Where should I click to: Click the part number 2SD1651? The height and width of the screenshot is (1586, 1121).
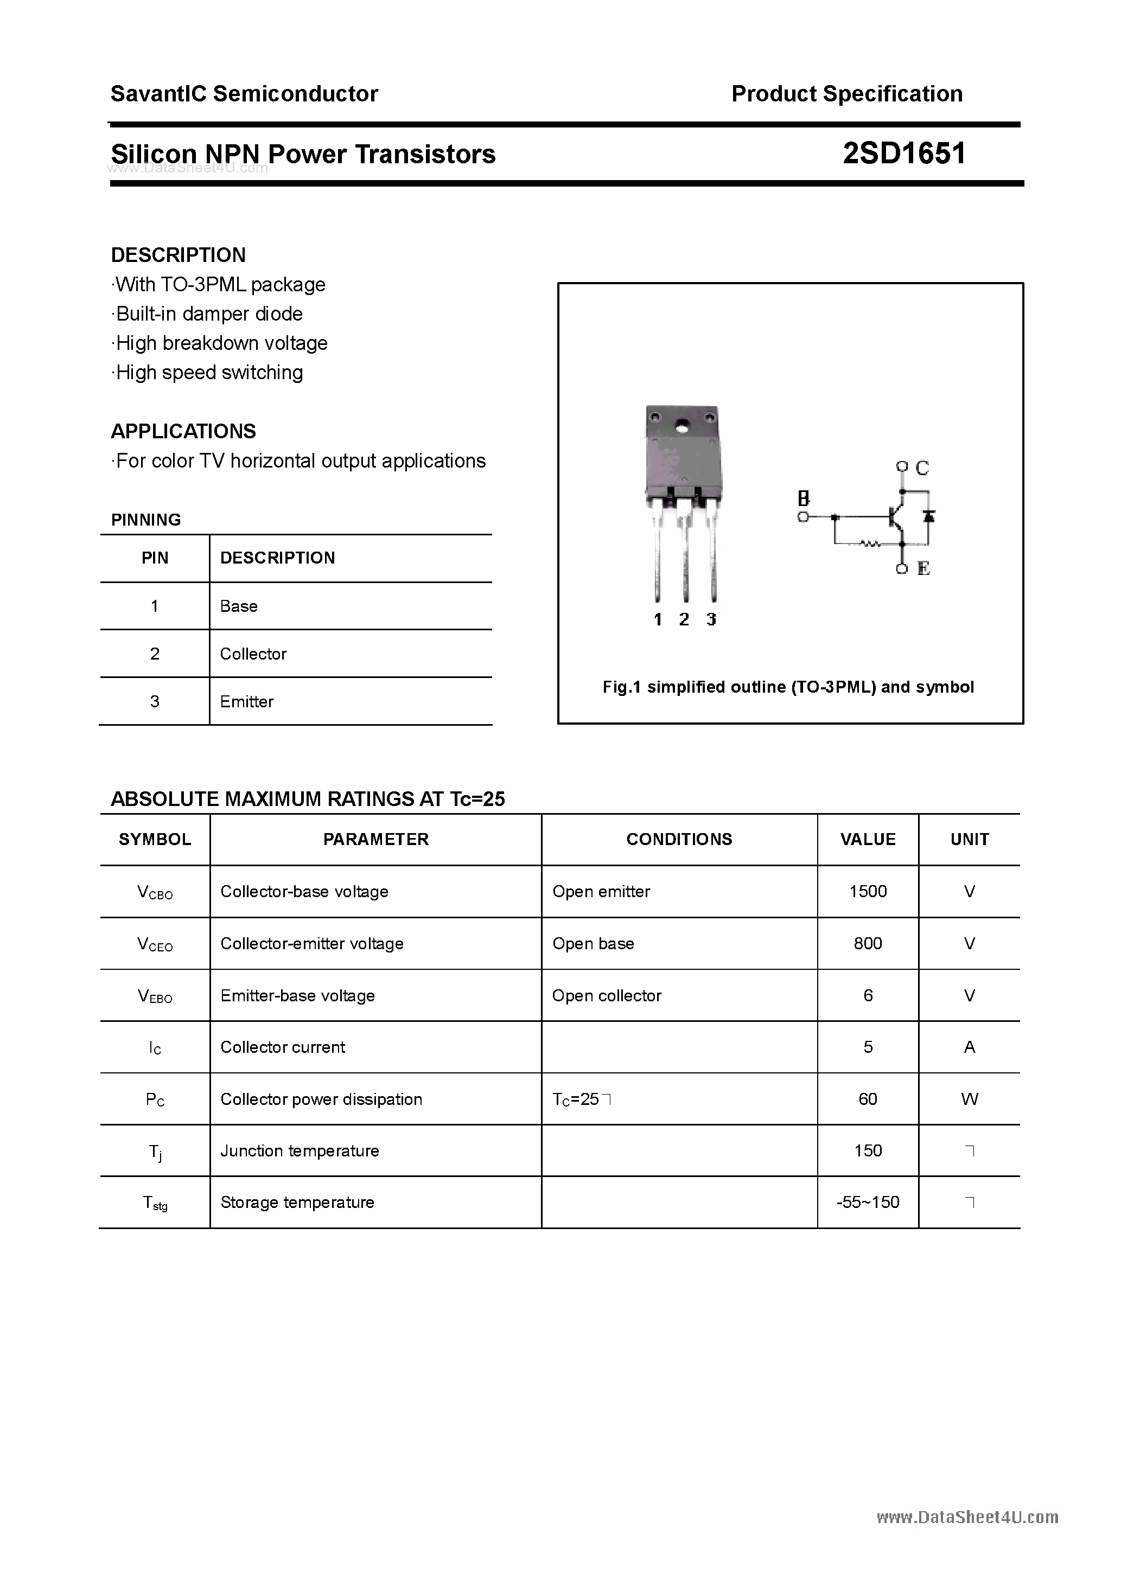tap(904, 154)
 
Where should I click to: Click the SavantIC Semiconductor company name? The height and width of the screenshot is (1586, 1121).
tap(244, 93)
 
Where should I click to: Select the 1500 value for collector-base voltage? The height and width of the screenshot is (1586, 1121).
tap(868, 891)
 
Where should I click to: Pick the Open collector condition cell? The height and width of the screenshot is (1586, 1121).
tap(606, 995)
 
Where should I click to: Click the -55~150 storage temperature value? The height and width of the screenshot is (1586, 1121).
tap(868, 1202)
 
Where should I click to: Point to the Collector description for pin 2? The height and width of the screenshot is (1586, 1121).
tap(253, 654)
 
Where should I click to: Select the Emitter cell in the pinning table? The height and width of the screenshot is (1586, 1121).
tap(247, 701)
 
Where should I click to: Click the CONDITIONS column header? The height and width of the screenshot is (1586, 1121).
tap(679, 839)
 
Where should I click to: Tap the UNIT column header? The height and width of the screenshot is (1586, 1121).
tap(969, 839)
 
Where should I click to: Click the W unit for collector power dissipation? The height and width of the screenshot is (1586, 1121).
tap(969, 1099)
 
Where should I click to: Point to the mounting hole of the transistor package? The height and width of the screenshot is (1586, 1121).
tap(683, 426)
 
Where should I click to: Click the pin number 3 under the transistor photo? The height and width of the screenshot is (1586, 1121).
tap(711, 619)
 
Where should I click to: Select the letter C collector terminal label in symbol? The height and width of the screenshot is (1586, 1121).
tap(922, 468)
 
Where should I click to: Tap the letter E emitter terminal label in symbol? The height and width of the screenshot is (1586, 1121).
tap(923, 568)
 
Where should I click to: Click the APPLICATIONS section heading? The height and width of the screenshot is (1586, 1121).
tap(183, 431)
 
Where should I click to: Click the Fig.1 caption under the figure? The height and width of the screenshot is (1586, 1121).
tap(788, 687)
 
